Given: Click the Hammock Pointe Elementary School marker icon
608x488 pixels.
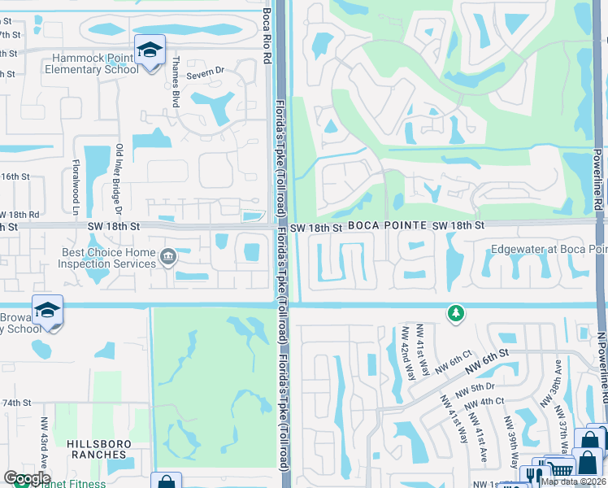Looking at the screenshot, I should point(150,52).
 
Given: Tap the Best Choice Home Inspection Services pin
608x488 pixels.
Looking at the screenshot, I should point(168,258).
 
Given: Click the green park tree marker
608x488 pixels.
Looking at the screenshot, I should point(456,312).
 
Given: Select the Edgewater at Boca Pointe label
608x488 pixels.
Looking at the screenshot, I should point(549,251).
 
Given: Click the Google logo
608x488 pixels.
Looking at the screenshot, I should point(27,478).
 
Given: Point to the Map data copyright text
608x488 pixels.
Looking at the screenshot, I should point(572,481).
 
